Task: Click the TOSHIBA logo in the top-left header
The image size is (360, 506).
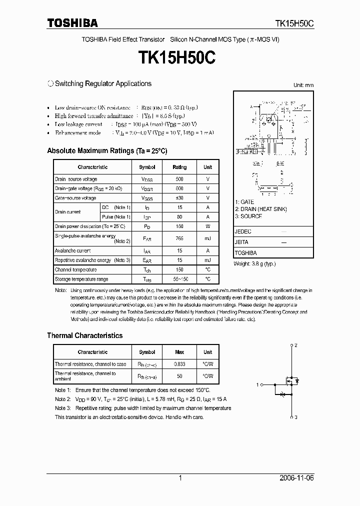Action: click(x=72, y=23)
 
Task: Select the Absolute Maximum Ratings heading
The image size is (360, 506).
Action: click(x=107, y=150)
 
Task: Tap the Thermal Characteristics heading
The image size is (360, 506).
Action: click(x=84, y=335)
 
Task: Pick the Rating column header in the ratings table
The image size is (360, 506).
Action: click(x=179, y=167)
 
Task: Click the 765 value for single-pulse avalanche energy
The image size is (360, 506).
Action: click(x=179, y=238)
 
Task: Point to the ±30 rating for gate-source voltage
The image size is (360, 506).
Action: click(x=179, y=198)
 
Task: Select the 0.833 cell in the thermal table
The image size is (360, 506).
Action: click(x=179, y=364)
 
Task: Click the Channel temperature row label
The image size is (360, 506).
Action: click(x=76, y=269)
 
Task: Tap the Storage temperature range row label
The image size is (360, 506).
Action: click(x=81, y=279)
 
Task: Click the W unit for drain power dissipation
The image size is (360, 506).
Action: click(x=207, y=226)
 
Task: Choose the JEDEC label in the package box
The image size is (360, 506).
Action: click(x=243, y=232)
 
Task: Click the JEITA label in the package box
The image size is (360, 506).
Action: click(x=242, y=242)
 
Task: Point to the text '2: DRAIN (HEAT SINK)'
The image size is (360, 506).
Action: click(x=260, y=209)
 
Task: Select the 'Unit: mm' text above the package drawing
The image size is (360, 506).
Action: click(x=303, y=85)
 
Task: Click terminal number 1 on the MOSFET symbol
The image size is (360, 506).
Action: click(x=257, y=384)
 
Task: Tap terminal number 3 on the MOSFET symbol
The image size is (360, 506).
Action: click(x=296, y=417)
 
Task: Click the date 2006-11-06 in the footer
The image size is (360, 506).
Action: click(x=296, y=478)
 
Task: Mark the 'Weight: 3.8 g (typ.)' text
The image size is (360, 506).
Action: click(x=254, y=263)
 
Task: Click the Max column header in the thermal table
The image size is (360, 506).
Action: click(x=179, y=352)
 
